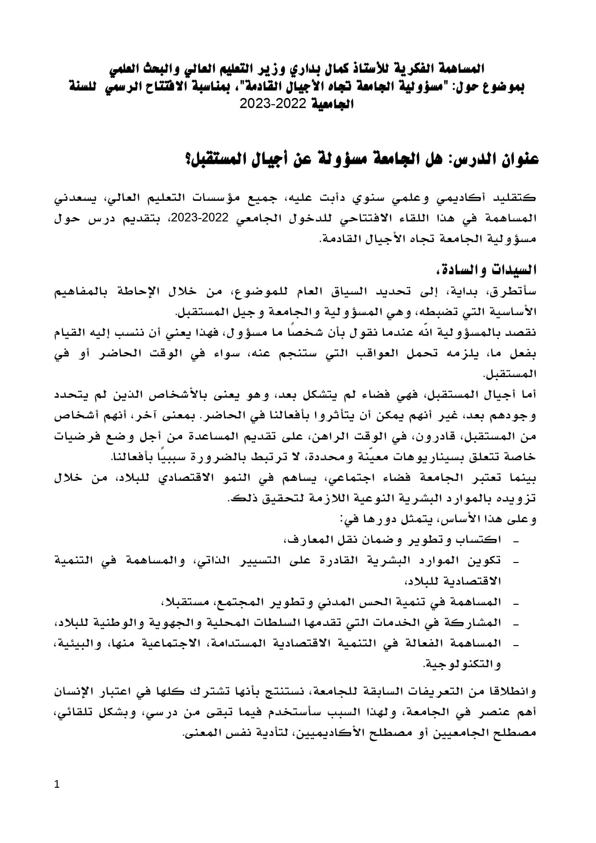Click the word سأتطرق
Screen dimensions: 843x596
point(517,292)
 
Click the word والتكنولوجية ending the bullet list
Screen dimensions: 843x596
point(462,665)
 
